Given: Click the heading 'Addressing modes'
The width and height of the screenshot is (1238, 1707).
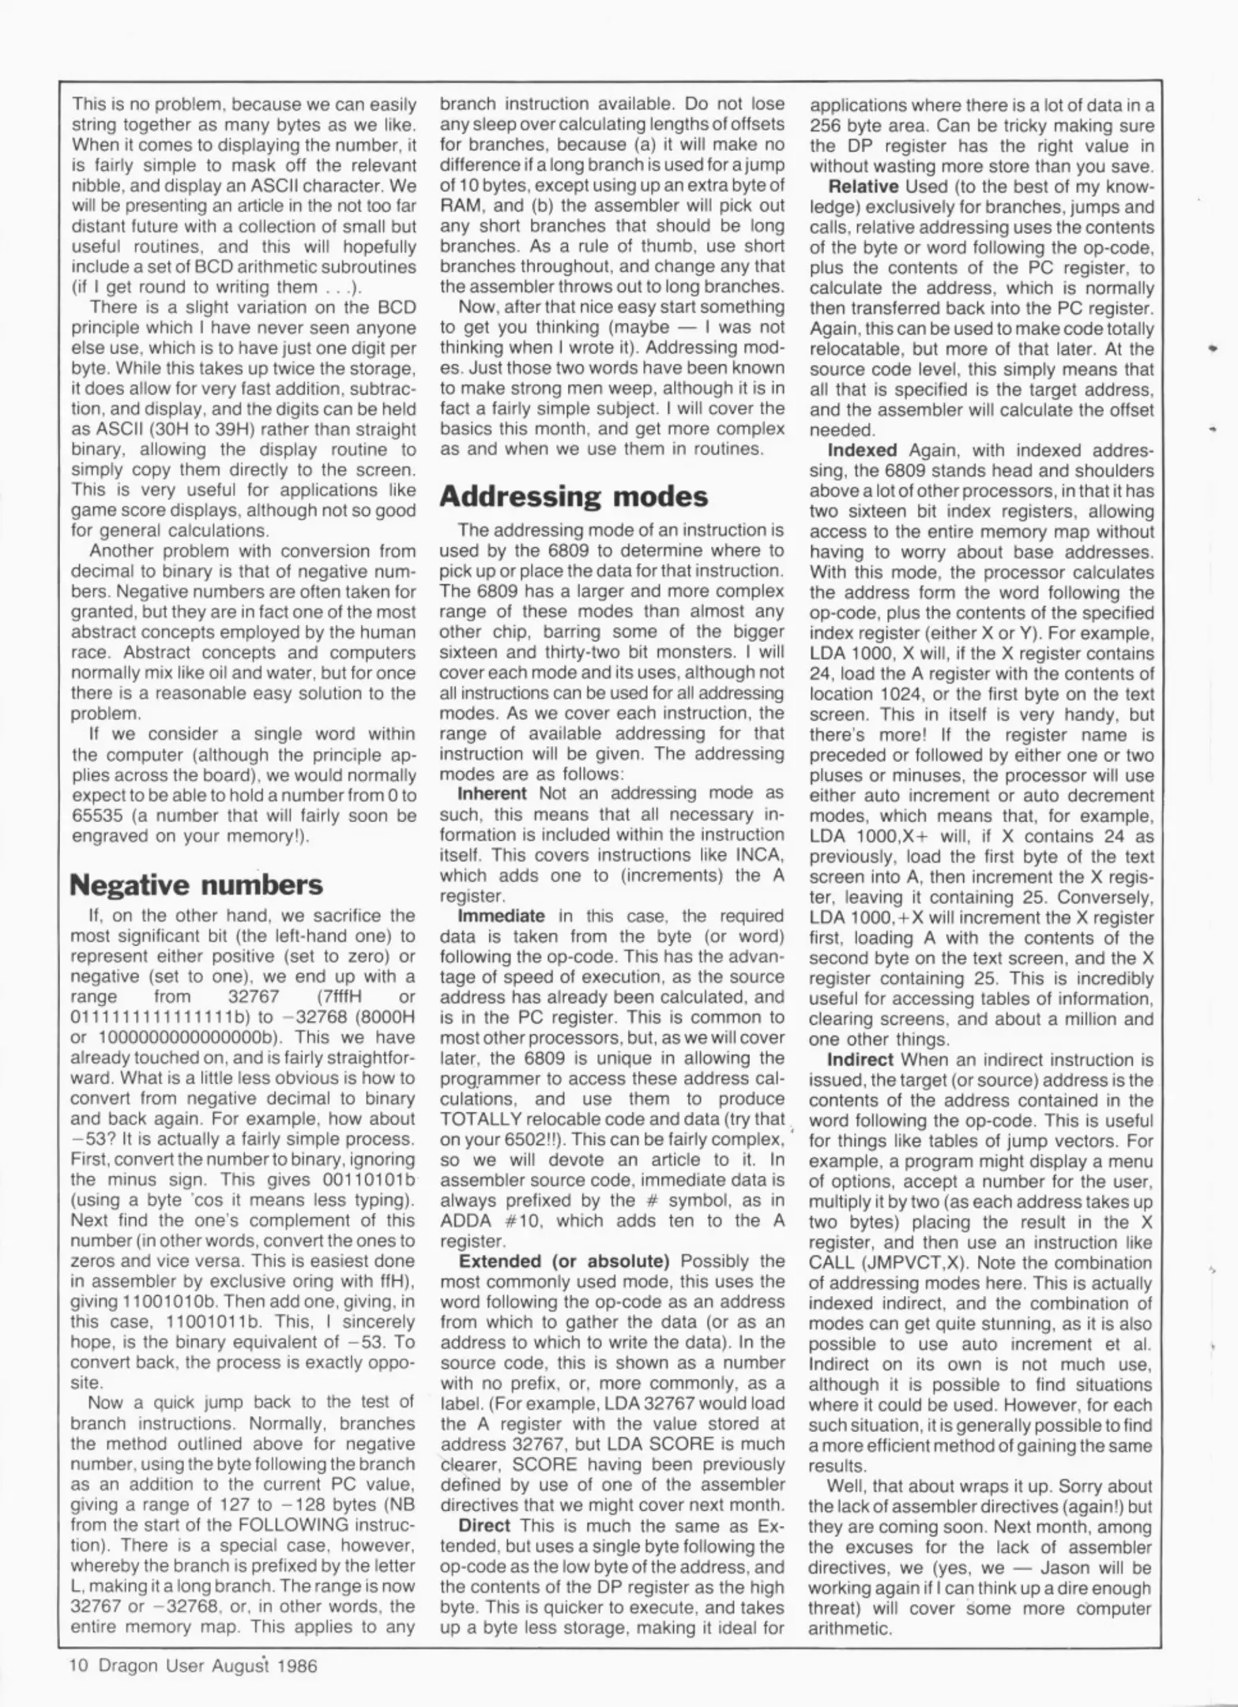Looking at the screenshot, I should pos(574,496).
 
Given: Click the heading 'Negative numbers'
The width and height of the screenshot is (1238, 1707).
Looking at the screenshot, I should pos(196,884).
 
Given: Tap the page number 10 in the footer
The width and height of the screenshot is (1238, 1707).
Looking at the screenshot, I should pos(79,1666).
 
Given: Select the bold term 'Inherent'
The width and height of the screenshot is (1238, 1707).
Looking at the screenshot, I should pos(492,793).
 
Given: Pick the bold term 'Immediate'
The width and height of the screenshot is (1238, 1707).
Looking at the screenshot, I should pos(502,916).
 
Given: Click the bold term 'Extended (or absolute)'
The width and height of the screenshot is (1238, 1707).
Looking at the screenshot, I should pos(564,1260).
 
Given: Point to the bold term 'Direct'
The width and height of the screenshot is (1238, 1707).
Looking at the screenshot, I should pos(484,1525).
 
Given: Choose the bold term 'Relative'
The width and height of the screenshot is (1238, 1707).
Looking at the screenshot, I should pos(863,187).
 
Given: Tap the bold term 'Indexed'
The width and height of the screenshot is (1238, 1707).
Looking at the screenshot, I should pos(862,450).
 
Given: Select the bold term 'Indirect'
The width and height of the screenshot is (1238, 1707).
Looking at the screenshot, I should pos(860,1060).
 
